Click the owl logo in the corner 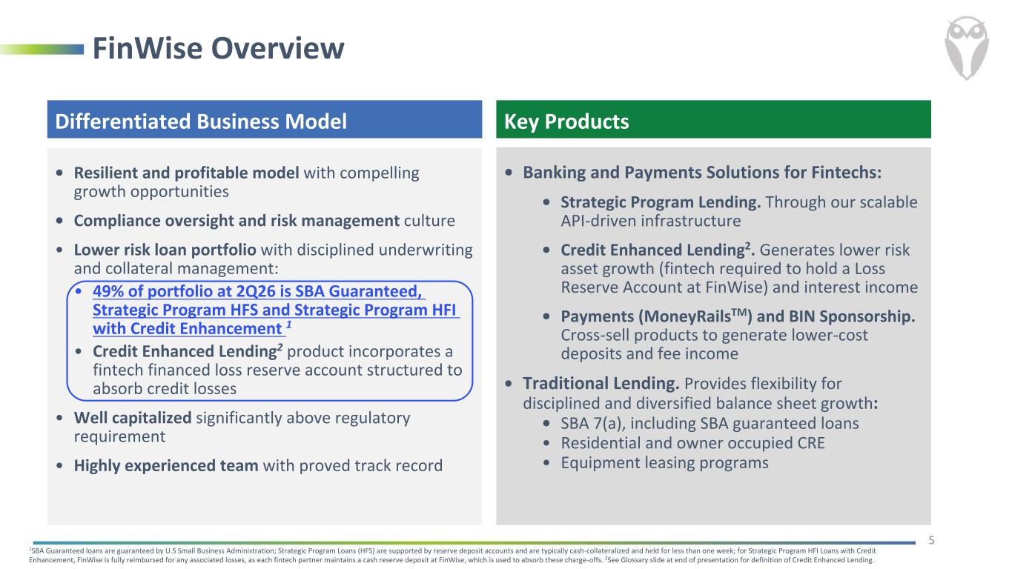pyautogui.click(x=966, y=48)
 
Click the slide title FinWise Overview pyautogui.click(x=219, y=48)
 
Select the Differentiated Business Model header pyautogui.click(x=201, y=122)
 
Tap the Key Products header pyautogui.click(x=566, y=122)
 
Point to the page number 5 pyautogui.click(x=931, y=540)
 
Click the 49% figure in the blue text pyautogui.click(x=108, y=291)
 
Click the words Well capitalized pyautogui.click(x=133, y=418)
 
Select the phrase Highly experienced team pyautogui.click(x=166, y=465)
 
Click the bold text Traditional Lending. pyautogui.click(x=601, y=383)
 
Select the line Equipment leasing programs pyautogui.click(x=664, y=463)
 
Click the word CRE pyautogui.click(x=811, y=443)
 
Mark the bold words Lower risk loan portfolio pyautogui.click(x=165, y=250)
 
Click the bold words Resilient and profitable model pyautogui.click(x=187, y=173)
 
